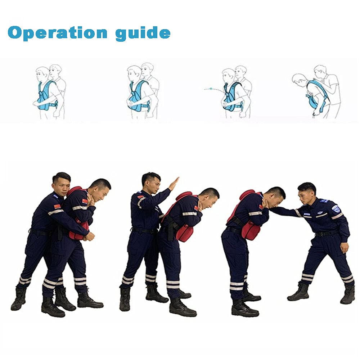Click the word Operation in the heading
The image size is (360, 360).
(x=58, y=33)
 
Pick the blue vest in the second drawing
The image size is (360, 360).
(x=139, y=96)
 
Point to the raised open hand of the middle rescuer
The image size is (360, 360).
(x=174, y=184)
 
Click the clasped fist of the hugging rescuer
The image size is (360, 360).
(x=89, y=236)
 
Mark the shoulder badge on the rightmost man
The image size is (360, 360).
(x=336, y=208)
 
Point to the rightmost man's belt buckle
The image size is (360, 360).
(x=318, y=234)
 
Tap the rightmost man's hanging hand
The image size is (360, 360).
(x=344, y=247)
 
